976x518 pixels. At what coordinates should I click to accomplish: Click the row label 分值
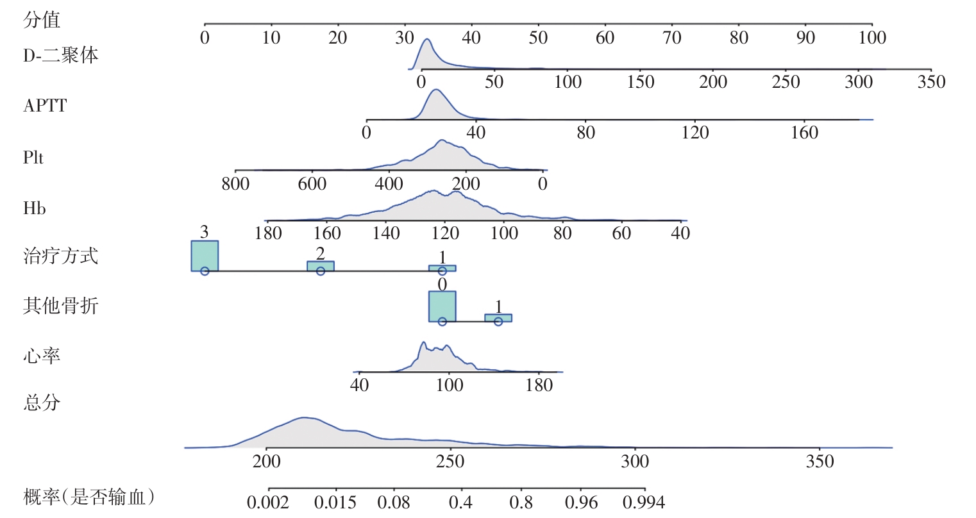42,20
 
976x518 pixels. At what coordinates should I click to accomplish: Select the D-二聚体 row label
61,55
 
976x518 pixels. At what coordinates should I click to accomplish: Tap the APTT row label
45,106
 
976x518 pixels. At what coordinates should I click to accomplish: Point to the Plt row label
33,157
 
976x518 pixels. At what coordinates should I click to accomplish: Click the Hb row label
35,208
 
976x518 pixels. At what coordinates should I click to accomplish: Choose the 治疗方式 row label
61,256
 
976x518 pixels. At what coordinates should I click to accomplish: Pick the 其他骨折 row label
61,306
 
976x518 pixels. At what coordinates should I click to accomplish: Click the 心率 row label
42,355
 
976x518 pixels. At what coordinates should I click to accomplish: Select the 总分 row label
42,403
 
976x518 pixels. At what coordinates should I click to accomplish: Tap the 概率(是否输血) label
88,496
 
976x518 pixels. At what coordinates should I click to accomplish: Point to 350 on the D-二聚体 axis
931,69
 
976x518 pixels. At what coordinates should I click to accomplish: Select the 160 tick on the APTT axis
805,120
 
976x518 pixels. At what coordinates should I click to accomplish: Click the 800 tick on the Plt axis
235,171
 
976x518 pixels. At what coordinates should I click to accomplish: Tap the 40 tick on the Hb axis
680,220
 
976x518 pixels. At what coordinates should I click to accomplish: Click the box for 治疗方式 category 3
205,256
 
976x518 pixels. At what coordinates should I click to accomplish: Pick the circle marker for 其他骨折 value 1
498,321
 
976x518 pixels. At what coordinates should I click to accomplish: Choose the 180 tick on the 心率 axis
539,372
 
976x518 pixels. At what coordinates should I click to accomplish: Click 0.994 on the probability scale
644,490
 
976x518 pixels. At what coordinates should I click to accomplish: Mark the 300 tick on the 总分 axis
635,448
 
